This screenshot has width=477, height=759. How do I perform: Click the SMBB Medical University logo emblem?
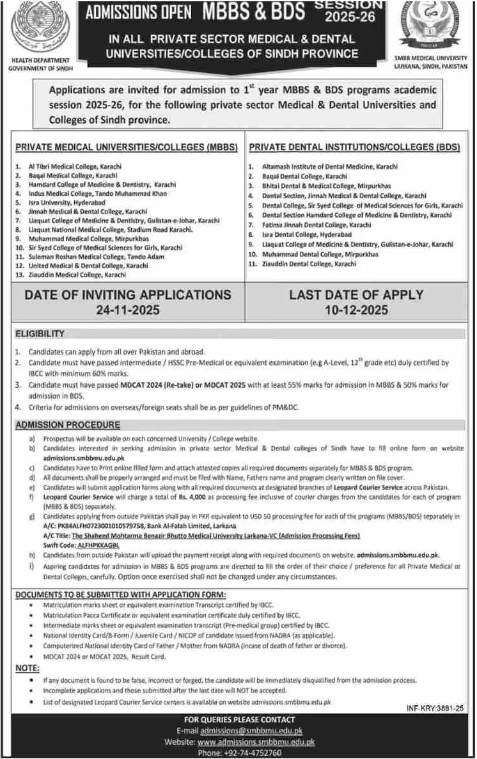click(434, 29)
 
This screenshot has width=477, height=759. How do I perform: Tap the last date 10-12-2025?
click(356, 311)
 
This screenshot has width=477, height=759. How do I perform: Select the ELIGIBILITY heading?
click(40, 333)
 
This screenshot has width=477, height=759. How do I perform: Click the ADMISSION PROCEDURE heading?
click(68, 424)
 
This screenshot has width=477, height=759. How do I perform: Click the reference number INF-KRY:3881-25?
click(434, 709)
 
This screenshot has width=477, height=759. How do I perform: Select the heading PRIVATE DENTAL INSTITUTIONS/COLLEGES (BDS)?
click(354, 147)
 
